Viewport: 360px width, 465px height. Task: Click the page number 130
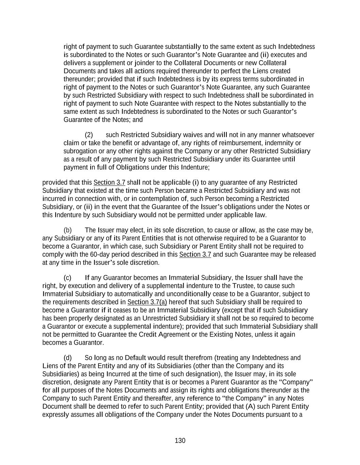click(x=180, y=441)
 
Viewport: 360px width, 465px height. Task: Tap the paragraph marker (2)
click(x=89, y=135)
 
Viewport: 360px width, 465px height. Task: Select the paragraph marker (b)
click(x=67, y=230)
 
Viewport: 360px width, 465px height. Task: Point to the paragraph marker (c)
click(x=67, y=278)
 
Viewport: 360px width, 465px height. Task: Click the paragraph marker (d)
click(x=67, y=358)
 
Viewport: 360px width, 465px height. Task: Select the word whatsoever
click(x=296, y=135)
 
